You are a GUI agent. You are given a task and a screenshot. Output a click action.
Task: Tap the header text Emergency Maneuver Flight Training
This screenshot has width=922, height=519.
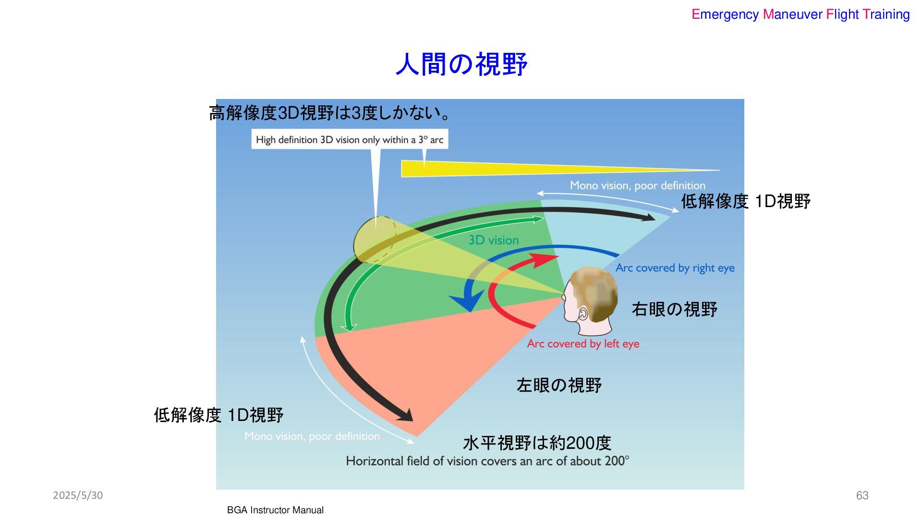tap(800, 14)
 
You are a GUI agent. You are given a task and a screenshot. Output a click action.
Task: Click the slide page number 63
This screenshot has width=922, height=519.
tap(862, 495)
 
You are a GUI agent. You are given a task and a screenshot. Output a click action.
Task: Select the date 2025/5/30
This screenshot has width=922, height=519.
tap(78, 495)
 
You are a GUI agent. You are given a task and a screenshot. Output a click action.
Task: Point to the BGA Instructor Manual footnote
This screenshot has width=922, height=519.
tap(275, 510)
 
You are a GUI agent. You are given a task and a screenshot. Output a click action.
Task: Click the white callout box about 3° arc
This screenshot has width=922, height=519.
tap(349, 139)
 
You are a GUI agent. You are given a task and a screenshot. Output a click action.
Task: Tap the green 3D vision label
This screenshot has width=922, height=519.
tap(493, 240)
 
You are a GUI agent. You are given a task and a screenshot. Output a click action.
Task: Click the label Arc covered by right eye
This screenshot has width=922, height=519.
tap(675, 268)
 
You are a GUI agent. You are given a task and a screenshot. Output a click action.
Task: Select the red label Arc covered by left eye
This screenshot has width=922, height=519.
tap(583, 344)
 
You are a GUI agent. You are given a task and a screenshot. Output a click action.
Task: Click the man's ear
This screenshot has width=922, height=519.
tap(583, 314)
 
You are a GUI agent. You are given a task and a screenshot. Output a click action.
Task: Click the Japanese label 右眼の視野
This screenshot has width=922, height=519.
tap(674, 309)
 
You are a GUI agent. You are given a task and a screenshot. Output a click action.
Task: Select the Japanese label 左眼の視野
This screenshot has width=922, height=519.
tap(559, 385)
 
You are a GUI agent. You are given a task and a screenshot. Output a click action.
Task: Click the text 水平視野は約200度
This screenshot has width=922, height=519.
tap(537, 443)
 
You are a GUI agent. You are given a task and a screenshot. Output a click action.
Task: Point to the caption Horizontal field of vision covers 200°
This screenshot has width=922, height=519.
tap(487, 461)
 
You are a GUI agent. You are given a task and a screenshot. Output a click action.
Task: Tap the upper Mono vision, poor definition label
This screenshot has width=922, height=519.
tap(637, 185)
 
